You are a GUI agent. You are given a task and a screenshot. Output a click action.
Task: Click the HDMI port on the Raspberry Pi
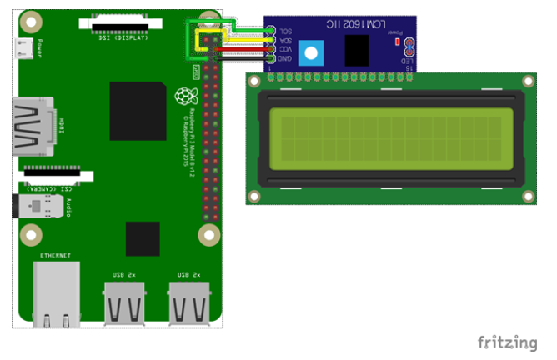click(x=33, y=127)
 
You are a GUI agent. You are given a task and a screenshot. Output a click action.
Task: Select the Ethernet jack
click(x=57, y=293)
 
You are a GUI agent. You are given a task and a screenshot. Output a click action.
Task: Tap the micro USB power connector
click(x=26, y=50)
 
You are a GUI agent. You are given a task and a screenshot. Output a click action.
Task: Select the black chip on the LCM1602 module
click(x=357, y=52)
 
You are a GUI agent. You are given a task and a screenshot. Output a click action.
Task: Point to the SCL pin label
click(x=283, y=31)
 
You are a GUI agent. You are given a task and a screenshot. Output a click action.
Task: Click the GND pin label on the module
click(x=283, y=60)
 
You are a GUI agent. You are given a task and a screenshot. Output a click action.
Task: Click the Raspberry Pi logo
click(x=183, y=97)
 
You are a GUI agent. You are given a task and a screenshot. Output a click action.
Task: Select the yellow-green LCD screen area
click(x=387, y=138)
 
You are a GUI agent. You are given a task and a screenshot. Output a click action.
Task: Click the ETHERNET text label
click(x=55, y=255)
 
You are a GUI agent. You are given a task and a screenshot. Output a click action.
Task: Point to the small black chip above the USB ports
click(x=143, y=238)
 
